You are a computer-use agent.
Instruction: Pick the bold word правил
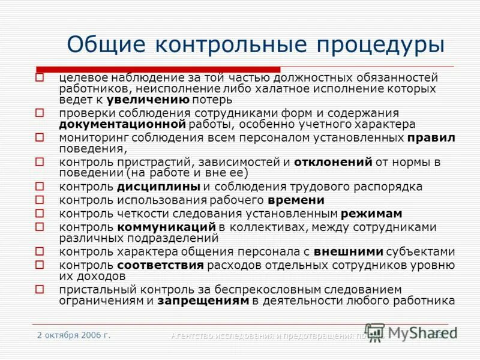point(431,137)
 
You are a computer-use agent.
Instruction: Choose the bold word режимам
point(371,214)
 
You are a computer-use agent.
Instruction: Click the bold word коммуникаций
point(166,227)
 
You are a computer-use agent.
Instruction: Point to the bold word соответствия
point(160,265)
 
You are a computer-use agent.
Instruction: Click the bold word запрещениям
point(203,301)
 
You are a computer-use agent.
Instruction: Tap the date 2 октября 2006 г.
point(74,335)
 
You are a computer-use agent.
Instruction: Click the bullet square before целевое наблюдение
point(40,77)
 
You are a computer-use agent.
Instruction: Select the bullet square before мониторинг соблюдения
point(40,137)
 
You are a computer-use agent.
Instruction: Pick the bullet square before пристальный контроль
point(40,289)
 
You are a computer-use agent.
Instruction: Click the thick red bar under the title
point(158,69)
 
